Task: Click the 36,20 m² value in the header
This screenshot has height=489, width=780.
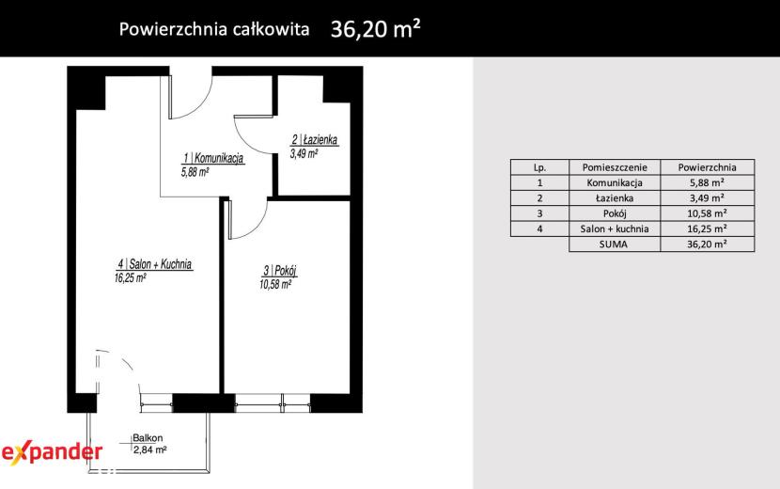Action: point(376,29)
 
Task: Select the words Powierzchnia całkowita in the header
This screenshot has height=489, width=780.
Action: point(214,29)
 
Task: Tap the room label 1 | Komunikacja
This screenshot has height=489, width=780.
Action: point(213,158)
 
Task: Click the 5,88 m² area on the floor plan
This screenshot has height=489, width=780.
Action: point(195,172)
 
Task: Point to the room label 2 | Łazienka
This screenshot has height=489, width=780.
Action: point(315,140)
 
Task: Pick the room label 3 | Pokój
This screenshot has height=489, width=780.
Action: point(280,271)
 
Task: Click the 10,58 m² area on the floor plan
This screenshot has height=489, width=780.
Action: point(275,285)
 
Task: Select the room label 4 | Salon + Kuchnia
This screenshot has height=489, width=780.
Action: point(155,264)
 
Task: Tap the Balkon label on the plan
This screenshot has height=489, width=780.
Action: point(148,438)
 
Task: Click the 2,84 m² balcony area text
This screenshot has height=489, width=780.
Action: point(149,450)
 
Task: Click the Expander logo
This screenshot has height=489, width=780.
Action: point(53,452)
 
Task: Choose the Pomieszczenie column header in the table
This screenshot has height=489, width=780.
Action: point(615,167)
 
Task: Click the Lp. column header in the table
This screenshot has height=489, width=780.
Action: point(539,167)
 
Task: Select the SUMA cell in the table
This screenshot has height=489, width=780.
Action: point(614,244)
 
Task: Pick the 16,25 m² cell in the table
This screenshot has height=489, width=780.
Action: point(707,229)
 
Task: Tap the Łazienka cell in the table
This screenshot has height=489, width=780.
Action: point(615,198)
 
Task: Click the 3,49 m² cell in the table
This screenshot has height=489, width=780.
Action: point(707,197)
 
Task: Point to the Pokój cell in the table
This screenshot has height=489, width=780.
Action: point(615,213)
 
